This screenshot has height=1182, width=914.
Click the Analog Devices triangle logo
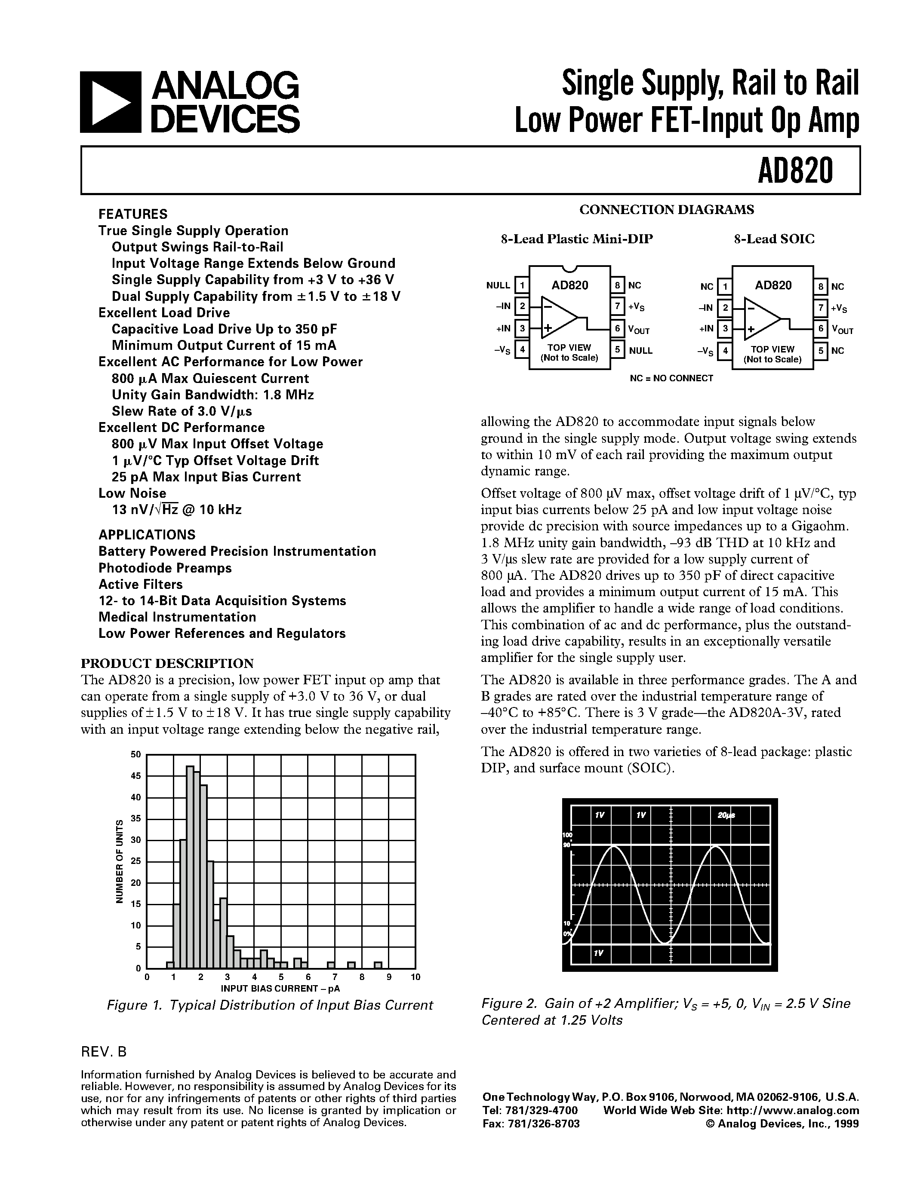coord(111,102)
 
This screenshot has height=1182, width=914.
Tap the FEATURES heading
coord(132,214)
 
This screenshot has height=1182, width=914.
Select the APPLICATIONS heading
coord(146,535)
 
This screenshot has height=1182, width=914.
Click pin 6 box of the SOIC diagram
coord(821,328)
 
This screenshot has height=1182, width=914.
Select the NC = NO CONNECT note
coord(671,378)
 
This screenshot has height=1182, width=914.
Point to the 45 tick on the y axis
coord(135,775)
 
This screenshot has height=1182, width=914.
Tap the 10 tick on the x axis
coord(415,977)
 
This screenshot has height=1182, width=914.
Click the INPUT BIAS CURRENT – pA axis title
coord(280,988)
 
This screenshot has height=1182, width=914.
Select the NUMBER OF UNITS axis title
coord(120,862)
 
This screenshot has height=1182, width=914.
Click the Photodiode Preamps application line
coord(165,568)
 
